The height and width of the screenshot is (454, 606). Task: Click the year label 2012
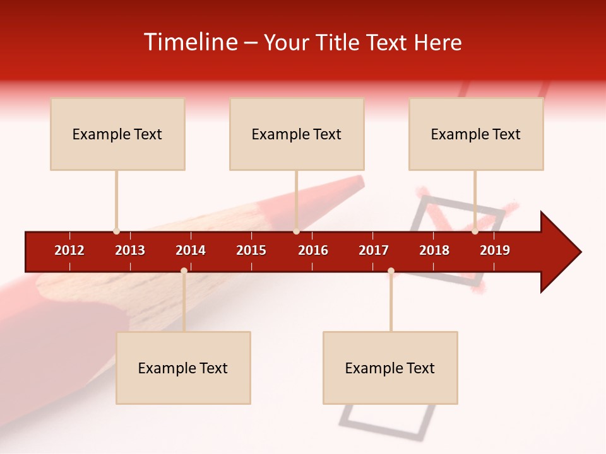pos(69,250)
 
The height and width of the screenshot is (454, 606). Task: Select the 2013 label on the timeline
pos(130,250)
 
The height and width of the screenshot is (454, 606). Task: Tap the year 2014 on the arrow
pos(191,250)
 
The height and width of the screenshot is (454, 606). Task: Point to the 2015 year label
pos(251,250)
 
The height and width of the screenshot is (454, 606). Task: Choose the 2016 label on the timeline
pos(313,250)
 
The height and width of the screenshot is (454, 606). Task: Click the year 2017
pos(374,250)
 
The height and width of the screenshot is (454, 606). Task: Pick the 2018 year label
pos(434,250)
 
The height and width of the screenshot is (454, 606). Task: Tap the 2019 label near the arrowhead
pos(495,250)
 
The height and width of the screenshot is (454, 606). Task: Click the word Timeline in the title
pos(190,42)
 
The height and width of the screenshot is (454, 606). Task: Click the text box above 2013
pos(117,134)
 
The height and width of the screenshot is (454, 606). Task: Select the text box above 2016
pos(297,134)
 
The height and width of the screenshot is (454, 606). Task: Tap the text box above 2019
pos(476,134)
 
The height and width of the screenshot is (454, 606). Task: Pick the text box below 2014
pos(183,368)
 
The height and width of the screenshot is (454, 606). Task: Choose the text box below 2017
pos(390,368)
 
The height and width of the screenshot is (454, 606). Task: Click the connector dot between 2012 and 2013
pos(116,231)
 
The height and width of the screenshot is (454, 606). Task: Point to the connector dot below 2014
pos(184,271)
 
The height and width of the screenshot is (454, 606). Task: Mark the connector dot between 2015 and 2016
pos(296,231)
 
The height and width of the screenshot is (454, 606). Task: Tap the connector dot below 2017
pos(391,271)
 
